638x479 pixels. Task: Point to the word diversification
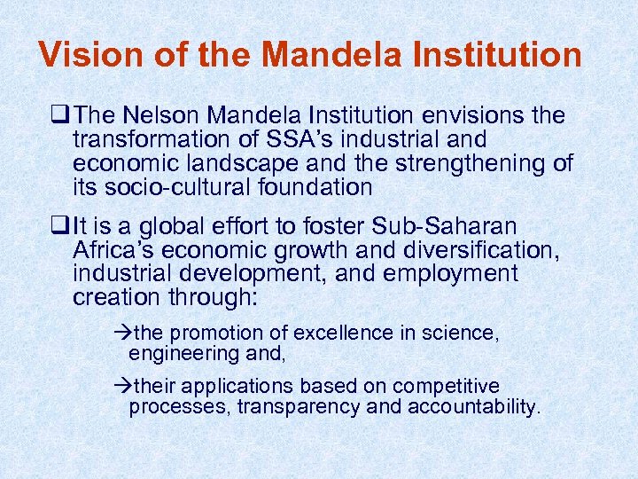click(465, 252)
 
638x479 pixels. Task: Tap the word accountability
click(473, 408)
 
